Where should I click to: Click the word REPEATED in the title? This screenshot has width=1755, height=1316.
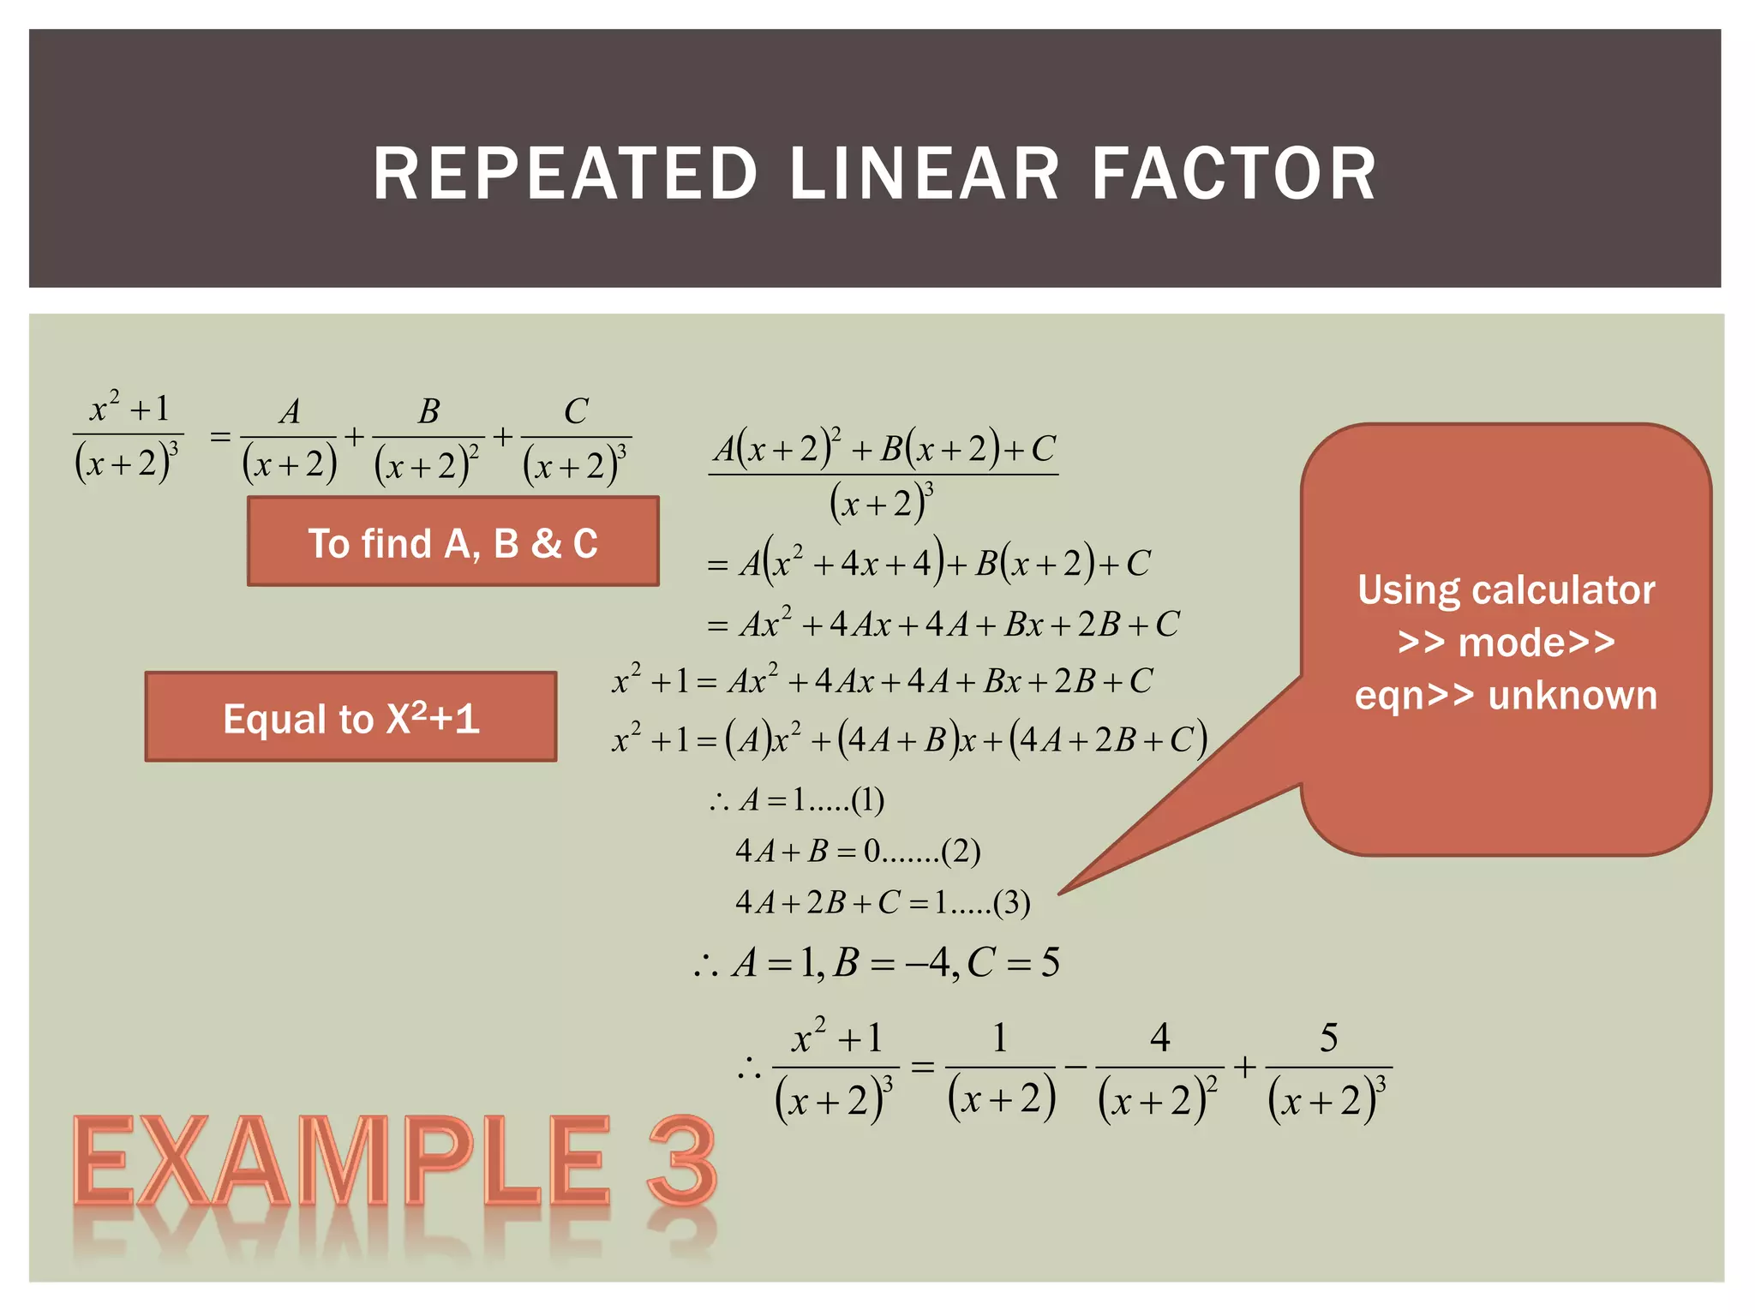click(565, 174)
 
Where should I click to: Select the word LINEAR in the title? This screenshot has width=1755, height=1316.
click(924, 174)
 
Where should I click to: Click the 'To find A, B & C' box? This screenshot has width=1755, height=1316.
click(452, 541)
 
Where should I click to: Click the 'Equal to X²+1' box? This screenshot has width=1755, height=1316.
click(350, 717)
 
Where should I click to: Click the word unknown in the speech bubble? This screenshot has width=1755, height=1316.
click(1572, 695)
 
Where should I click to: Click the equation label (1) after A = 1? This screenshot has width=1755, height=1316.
click(867, 799)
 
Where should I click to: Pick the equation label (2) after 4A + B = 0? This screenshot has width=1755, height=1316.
click(961, 851)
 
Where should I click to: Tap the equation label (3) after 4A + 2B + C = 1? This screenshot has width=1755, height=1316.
click(1011, 902)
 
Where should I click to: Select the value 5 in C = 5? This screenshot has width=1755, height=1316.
click(1050, 962)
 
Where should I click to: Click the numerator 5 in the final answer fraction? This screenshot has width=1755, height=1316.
click(1328, 1038)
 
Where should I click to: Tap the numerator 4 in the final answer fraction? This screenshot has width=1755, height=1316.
click(1159, 1038)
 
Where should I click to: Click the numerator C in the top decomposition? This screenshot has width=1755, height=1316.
click(576, 411)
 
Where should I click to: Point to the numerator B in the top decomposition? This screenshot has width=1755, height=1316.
click(428, 411)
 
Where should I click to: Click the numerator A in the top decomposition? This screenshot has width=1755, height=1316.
click(290, 411)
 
